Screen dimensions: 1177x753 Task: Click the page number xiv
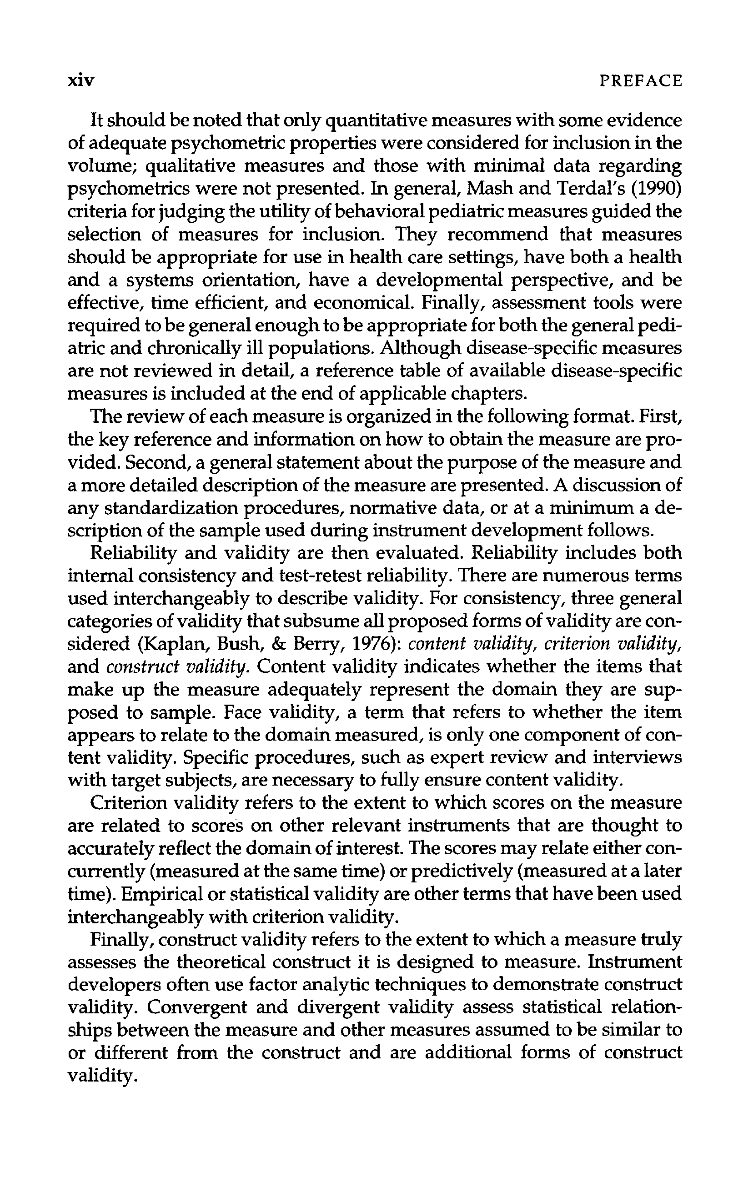pyautogui.click(x=80, y=80)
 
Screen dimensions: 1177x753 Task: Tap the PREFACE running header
pyautogui.click(x=641, y=80)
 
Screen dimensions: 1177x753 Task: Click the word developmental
pyautogui.click(x=437, y=280)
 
